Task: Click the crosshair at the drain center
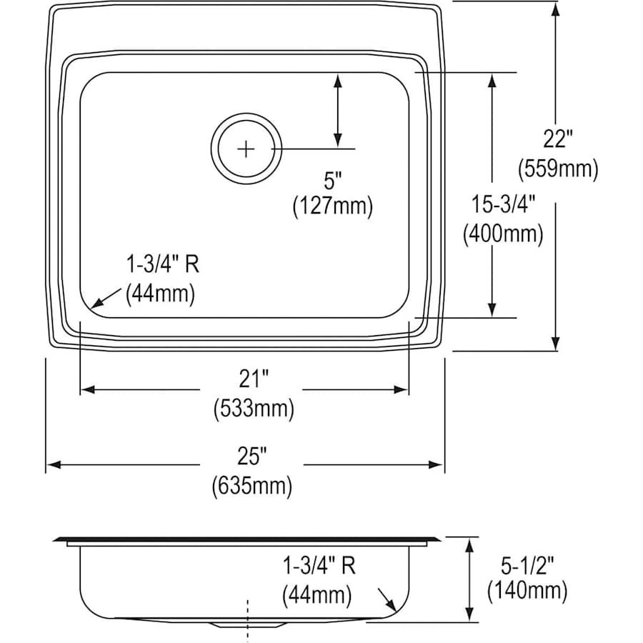(246, 149)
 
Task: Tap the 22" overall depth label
(557, 138)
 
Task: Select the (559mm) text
(557, 169)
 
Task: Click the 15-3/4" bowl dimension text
(502, 205)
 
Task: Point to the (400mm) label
(502, 234)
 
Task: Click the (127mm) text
(332, 206)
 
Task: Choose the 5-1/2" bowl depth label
(527, 561)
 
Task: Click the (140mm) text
(527, 590)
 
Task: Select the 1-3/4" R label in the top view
(162, 265)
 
